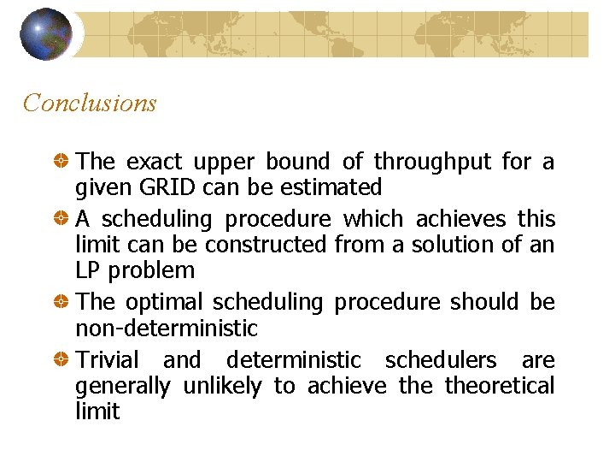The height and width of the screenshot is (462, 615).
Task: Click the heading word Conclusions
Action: [90, 104]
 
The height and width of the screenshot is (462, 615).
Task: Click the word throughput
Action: [433, 162]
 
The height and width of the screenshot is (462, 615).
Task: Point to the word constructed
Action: [266, 245]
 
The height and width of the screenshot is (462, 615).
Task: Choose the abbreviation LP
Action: [86, 269]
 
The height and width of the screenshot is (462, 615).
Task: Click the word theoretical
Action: [500, 386]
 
